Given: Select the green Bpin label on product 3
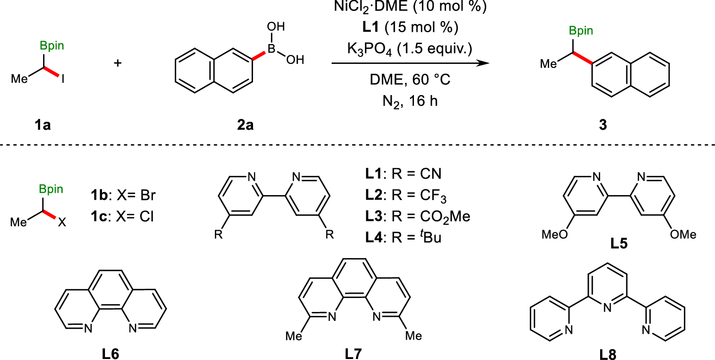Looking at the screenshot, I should click(580, 31).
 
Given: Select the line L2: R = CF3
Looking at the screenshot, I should click(404, 197).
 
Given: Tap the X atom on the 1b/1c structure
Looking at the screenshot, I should click(62, 224).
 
